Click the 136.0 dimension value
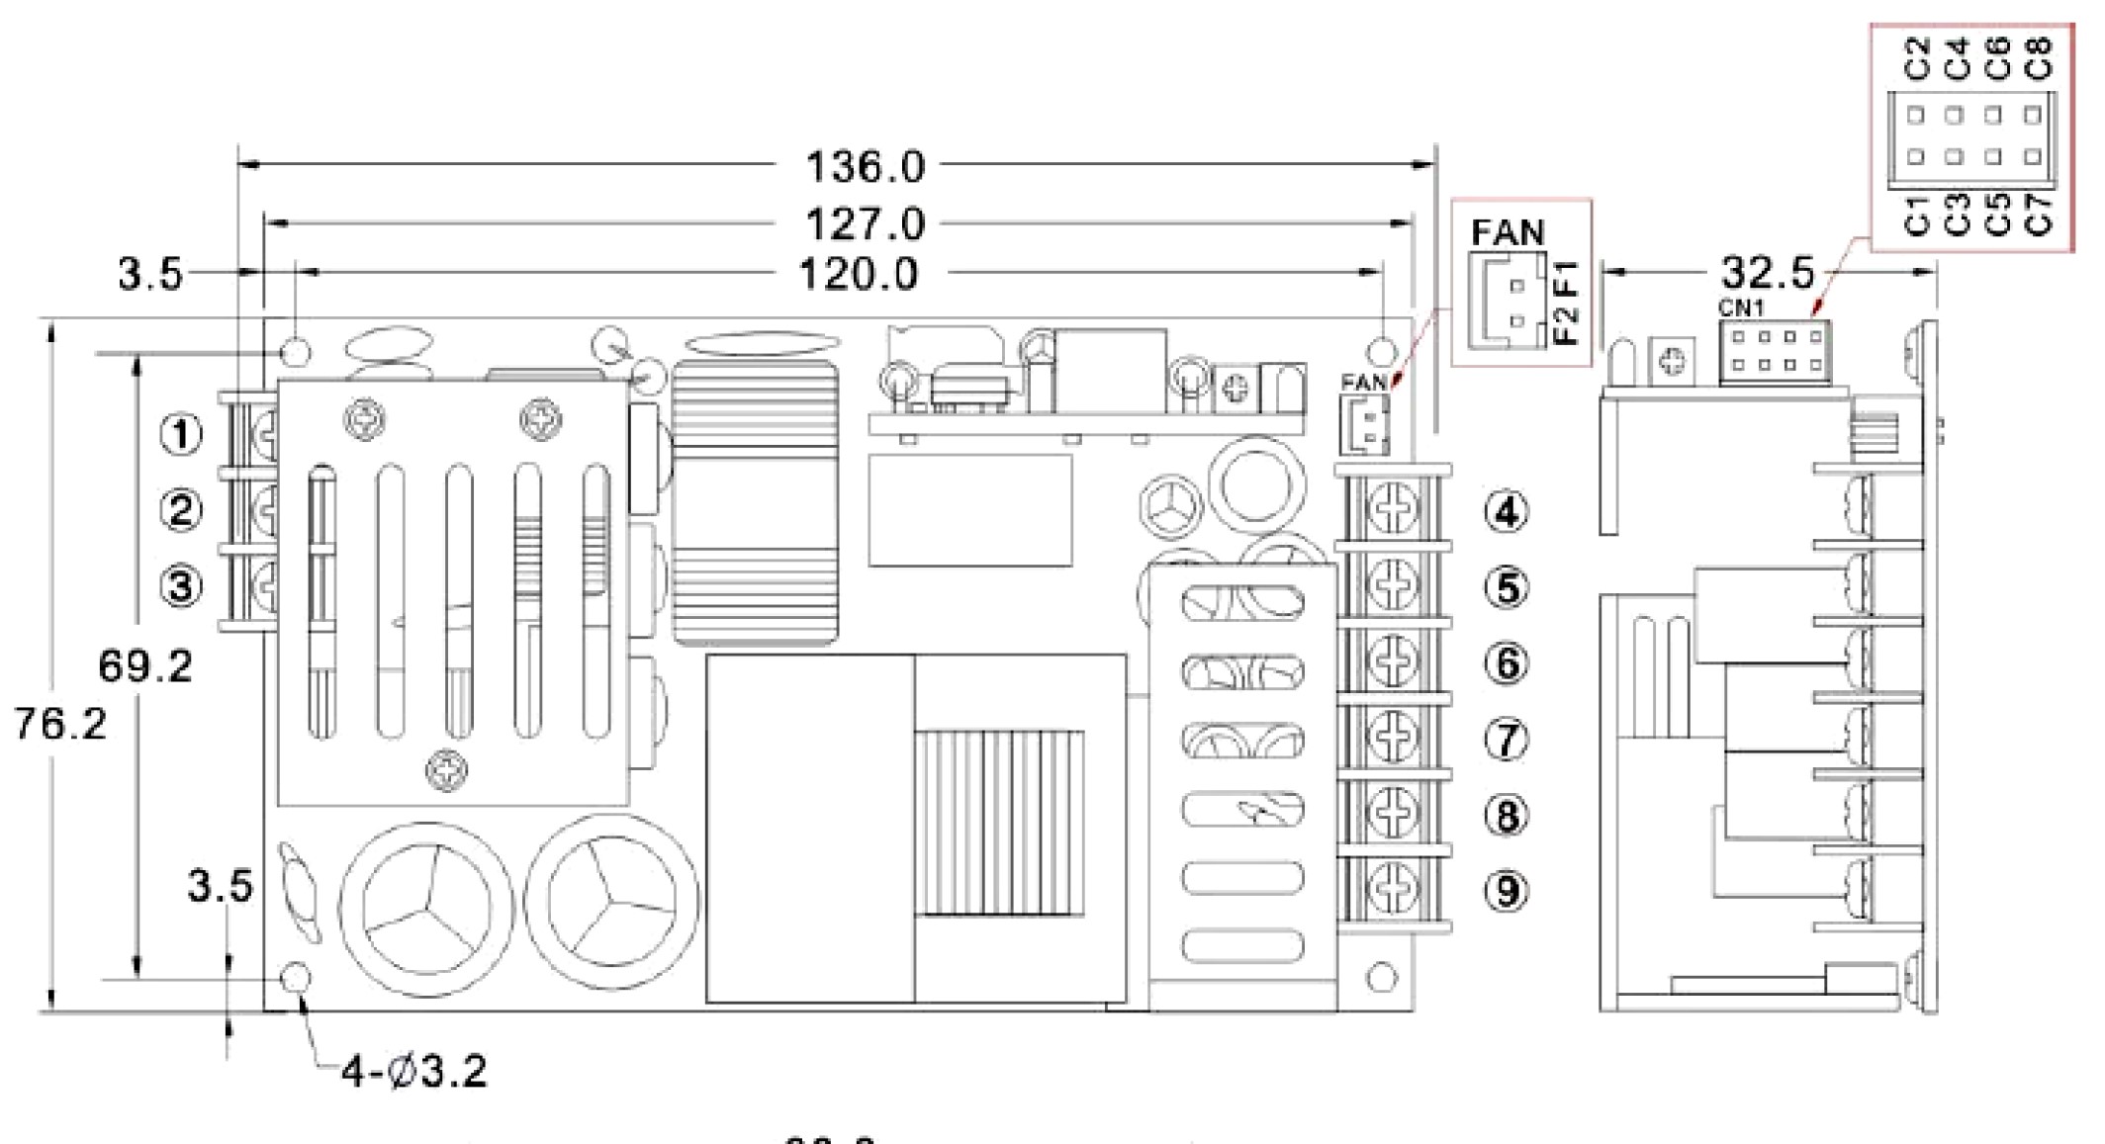click(865, 167)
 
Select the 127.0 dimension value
click(865, 224)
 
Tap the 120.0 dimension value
click(858, 275)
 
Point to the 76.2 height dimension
click(60, 725)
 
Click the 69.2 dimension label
click(144, 666)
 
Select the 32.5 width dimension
click(1768, 272)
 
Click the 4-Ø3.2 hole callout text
click(414, 1072)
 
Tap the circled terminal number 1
click(181, 434)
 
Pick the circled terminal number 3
click(181, 585)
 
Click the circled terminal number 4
click(1506, 512)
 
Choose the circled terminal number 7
click(1506, 740)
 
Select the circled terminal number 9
click(1506, 891)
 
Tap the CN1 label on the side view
click(1740, 308)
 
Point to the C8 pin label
click(2039, 58)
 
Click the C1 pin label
click(1917, 215)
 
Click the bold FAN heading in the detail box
click(1507, 233)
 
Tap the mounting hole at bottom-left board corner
click(296, 978)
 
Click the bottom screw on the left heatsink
click(447, 769)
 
